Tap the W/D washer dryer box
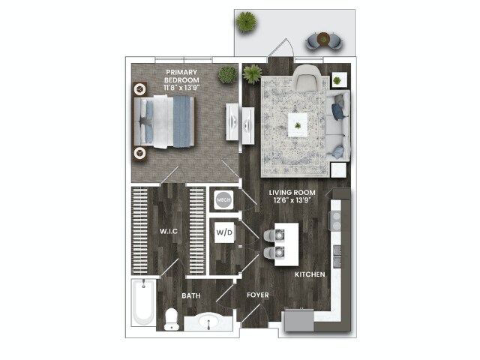224,232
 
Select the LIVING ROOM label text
292,196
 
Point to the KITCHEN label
309,275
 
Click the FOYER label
258,295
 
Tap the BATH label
190,296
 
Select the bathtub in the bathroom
144,303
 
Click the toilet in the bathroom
170,319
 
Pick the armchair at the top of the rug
306,79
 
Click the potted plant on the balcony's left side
246,22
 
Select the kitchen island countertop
285,244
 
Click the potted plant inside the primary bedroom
226,75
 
